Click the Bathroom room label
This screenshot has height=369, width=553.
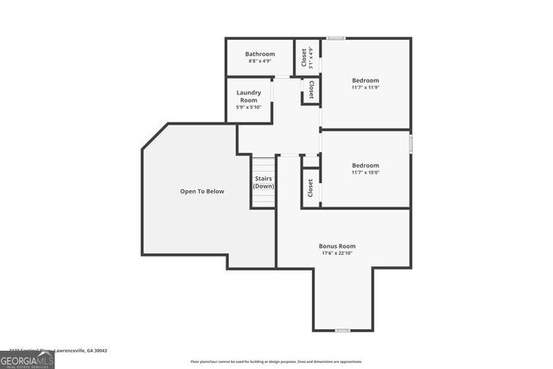(x=259, y=54)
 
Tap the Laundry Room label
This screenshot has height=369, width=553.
(x=249, y=96)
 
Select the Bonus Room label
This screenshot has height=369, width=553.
(x=337, y=246)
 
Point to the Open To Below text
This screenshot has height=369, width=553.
(x=202, y=191)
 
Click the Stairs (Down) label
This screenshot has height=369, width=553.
(x=264, y=182)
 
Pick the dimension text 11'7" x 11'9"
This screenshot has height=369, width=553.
(x=365, y=87)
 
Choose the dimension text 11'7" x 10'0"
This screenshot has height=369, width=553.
(x=365, y=172)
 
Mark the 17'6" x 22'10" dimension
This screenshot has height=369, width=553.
(x=337, y=253)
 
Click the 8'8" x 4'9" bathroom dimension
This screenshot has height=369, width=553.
(x=259, y=60)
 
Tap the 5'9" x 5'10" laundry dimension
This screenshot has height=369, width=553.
(x=249, y=107)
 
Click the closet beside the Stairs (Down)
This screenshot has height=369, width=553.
(x=310, y=187)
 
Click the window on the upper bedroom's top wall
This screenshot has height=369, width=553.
(x=336, y=38)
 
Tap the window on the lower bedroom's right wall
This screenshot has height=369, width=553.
(x=410, y=141)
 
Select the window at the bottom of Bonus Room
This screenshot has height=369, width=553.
(x=342, y=330)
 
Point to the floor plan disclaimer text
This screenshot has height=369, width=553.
(x=276, y=361)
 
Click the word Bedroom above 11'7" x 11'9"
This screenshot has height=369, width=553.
(x=365, y=80)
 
